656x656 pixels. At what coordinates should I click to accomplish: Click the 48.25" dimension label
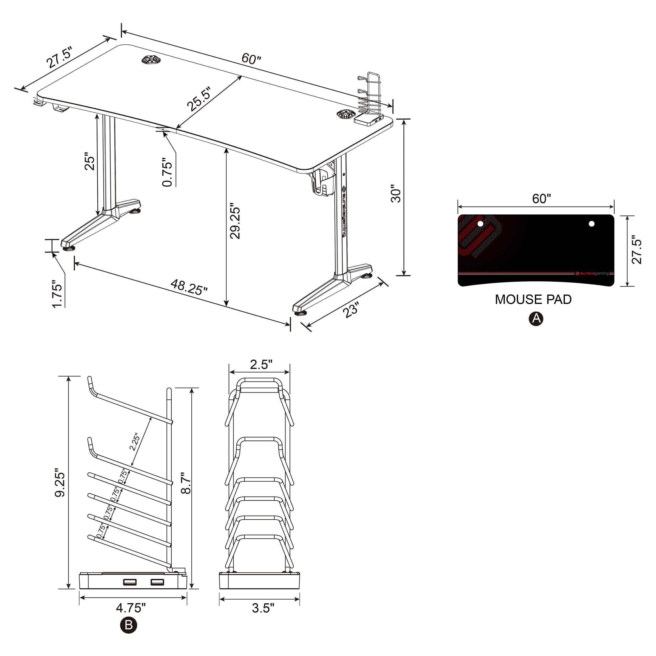tap(189, 287)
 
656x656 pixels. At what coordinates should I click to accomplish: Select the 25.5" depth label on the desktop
tap(200, 99)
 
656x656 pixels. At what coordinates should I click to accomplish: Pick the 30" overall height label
tap(396, 194)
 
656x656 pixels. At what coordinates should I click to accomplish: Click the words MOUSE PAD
tap(533, 299)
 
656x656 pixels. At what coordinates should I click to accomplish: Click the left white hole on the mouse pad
tap(480, 224)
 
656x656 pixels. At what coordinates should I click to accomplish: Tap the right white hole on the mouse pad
tap(591, 224)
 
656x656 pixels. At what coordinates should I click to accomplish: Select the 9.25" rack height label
tap(60, 484)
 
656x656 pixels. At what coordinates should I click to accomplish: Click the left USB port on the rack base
tap(129, 582)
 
